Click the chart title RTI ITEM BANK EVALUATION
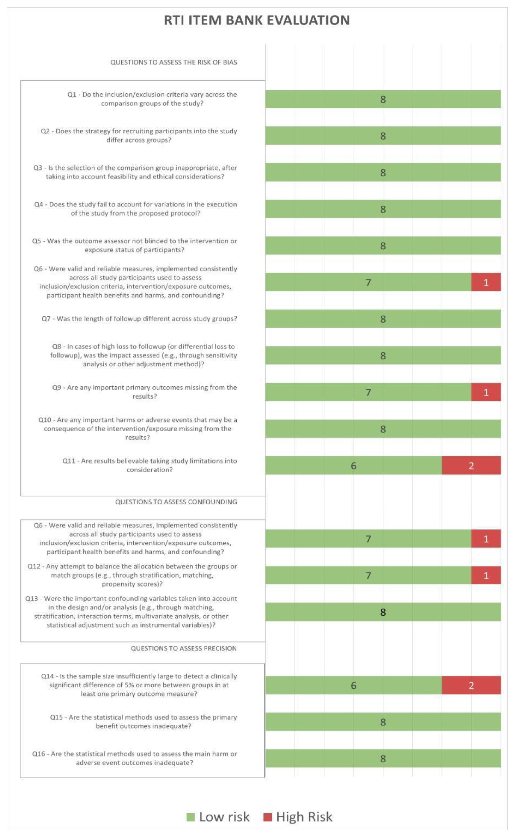click(x=256, y=20)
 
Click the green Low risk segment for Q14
click(x=353, y=685)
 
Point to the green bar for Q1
click(x=383, y=99)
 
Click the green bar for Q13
click(x=383, y=612)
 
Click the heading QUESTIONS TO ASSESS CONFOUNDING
click(x=176, y=502)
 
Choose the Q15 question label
click(x=143, y=722)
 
